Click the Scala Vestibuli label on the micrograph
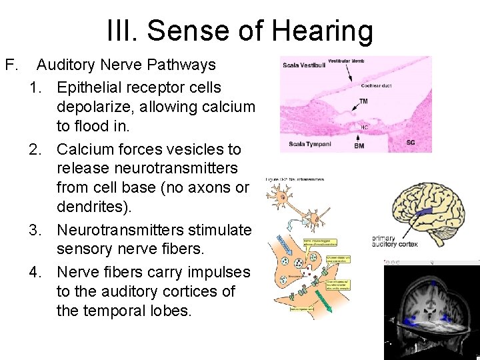(x=303, y=64)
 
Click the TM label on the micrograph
(x=363, y=102)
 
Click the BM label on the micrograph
(x=359, y=146)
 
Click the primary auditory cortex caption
(x=395, y=241)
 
